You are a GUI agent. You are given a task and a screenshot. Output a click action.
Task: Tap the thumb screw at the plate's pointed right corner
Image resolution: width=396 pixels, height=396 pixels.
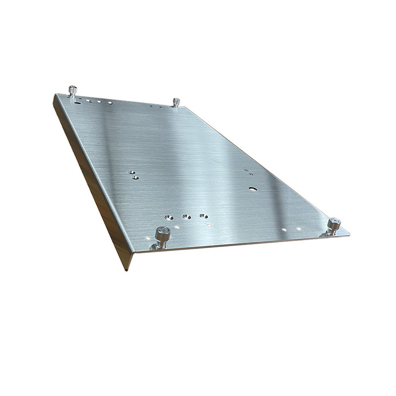click(x=334, y=226)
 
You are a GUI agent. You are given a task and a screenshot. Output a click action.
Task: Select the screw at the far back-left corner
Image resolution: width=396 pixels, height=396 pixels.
click(x=73, y=91)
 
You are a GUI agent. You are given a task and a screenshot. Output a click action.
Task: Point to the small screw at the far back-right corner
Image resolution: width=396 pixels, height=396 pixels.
click(x=176, y=102)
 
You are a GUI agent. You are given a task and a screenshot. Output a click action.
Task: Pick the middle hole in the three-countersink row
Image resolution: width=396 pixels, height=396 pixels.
click(x=187, y=217)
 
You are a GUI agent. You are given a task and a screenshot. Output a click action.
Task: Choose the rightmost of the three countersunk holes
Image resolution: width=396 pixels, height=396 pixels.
click(x=203, y=216)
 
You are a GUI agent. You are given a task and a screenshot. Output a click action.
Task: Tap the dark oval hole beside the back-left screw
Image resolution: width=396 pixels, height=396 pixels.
click(x=78, y=102)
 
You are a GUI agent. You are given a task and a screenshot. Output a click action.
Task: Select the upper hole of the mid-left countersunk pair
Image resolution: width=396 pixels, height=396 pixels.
click(x=131, y=172)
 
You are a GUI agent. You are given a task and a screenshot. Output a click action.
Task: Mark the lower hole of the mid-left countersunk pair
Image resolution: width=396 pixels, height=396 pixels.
click(x=135, y=177)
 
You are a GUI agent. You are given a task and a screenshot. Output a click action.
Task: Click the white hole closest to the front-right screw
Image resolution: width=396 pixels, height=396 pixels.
click(x=298, y=229)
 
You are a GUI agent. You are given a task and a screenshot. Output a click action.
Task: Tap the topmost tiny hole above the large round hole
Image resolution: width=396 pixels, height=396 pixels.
click(x=246, y=170)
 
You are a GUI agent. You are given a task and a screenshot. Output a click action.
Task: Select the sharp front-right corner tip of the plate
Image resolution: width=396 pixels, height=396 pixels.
click(x=349, y=234)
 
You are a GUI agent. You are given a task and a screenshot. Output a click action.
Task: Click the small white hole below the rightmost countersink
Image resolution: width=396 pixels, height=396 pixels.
click(x=209, y=226)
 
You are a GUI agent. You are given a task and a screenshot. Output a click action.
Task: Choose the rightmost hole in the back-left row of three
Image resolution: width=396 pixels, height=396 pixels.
click(x=110, y=103)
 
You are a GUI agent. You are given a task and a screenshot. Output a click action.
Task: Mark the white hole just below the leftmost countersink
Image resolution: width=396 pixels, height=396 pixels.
click(x=177, y=227)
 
